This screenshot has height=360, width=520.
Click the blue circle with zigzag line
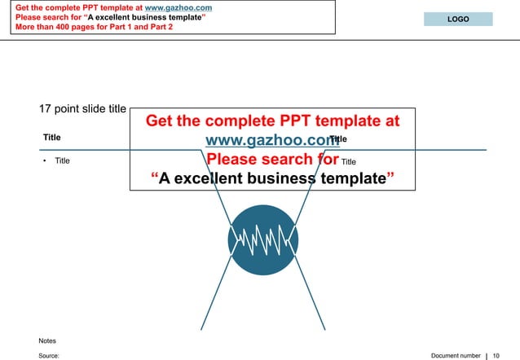[262, 239]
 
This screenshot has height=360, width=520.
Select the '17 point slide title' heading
[82, 108]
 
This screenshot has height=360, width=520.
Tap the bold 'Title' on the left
[52, 138]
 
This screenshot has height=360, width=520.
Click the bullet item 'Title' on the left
[62, 160]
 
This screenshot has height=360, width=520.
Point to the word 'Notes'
[47, 340]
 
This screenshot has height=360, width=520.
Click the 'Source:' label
[49, 356]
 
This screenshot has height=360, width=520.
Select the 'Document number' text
[456, 356]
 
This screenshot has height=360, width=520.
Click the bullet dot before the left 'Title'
[44, 160]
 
